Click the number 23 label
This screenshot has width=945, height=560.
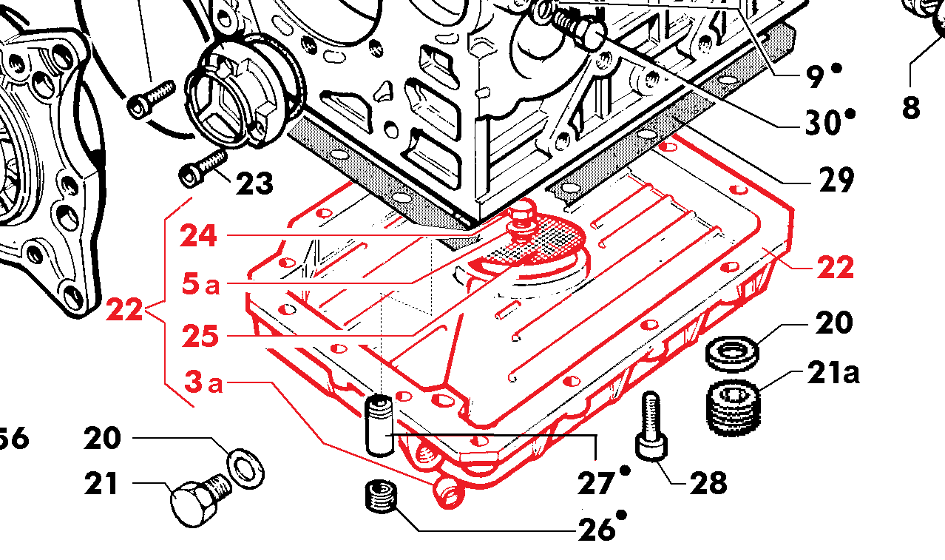pyautogui.click(x=254, y=184)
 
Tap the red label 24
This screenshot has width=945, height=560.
pyautogui.click(x=198, y=235)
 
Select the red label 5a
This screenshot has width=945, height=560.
pyautogui.click(x=201, y=283)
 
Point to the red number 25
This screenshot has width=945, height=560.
pyautogui.click(x=201, y=337)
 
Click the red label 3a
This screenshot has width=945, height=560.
pyautogui.click(x=203, y=382)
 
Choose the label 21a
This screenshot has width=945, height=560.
pyautogui.click(x=833, y=372)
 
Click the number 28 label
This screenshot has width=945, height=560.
pyautogui.click(x=708, y=482)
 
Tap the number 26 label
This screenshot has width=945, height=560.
pyautogui.click(x=596, y=530)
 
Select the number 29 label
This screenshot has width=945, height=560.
pyautogui.click(x=836, y=180)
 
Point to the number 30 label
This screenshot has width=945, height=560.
pyautogui.click(x=823, y=123)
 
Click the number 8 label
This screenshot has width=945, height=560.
pyautogui.click(x=911, y=107)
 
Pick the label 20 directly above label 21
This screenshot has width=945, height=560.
pyautogui.click(x=103, y=438)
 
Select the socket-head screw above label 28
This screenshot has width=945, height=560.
pyautogui.click(x=651, y=427)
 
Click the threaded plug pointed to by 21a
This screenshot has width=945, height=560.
pyautogui.click(x=734, y=408)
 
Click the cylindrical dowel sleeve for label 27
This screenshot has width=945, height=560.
pyautogui.click(x=379, y=426)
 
